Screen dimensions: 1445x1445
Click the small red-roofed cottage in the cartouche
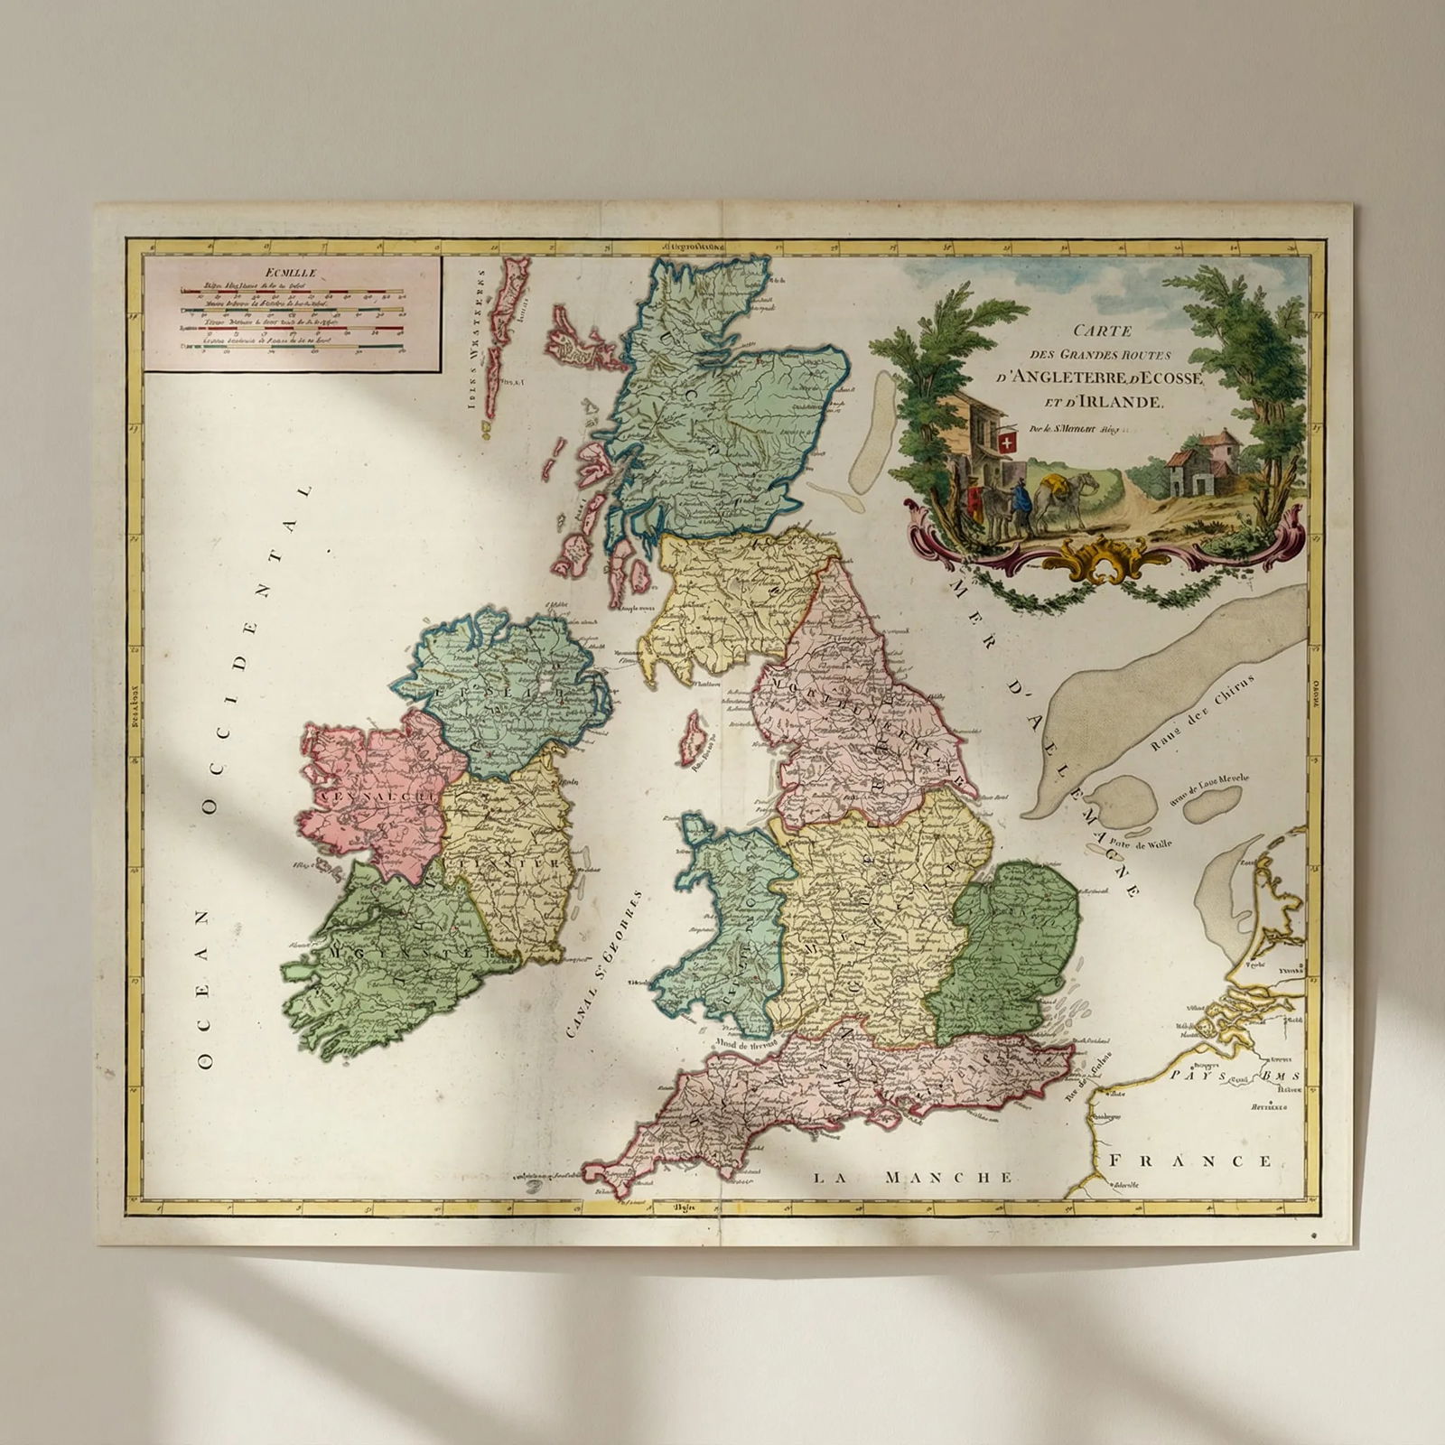pyautogui.click(x=1194, y=466)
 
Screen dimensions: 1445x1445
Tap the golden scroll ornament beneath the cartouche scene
pyautogui.click(x=1095, y=559)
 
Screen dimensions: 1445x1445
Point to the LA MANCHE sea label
pyautogui.click(x=913, y=1177)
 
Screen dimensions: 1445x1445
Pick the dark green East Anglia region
pyautogui.click(x=1010, y=948)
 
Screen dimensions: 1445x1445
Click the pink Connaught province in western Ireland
pyautogui.click(x=370, y=795)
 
